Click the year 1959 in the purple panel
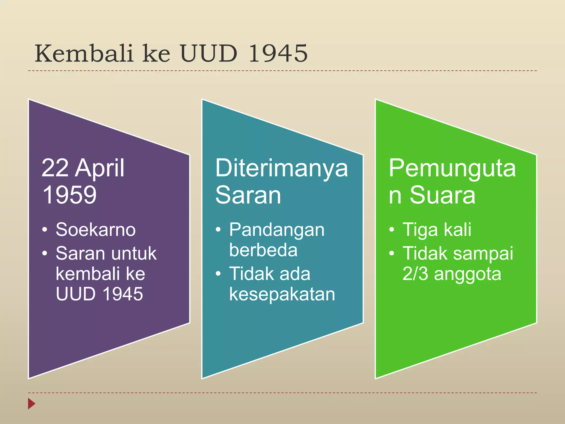pos(70,195)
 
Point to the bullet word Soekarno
pos(95,230)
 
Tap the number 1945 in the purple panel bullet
pos(123,294)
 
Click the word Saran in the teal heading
pos(248,195)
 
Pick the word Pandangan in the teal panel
pos(277,230)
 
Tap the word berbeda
pos(263,250)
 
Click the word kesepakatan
pos(282,294)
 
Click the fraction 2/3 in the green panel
pos(415,274)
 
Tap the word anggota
pos(467,274)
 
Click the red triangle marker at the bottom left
pos(31,404)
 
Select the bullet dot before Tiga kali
pos(391,229)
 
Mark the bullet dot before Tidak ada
pos(218,274)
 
